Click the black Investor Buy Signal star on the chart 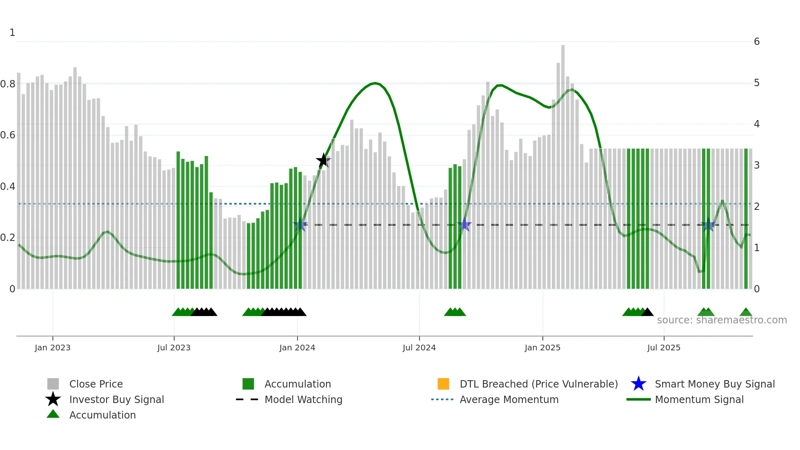323,160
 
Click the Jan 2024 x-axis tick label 297,348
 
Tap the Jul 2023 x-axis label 174,348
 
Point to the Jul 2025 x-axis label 664,348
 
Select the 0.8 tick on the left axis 8,84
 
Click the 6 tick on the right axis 757,42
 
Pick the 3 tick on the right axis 757,165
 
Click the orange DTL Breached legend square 443,384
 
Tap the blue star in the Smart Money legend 638,384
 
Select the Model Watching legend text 303,399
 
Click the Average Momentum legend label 509,399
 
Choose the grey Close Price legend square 53,384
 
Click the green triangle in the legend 53,414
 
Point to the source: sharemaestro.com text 722,320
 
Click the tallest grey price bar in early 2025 563,123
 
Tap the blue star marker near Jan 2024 300,225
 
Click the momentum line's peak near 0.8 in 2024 375,83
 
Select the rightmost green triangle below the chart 746,312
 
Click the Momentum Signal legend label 699,399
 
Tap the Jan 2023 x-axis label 53,348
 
